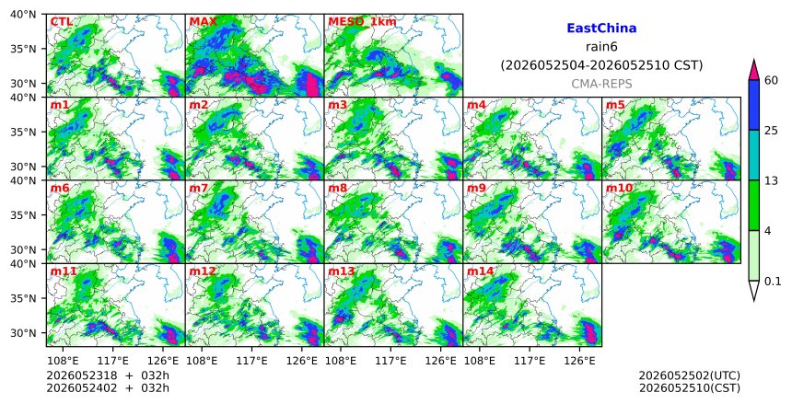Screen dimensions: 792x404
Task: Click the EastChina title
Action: point(601,29)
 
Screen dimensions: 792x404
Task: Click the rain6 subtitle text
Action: point(601,47)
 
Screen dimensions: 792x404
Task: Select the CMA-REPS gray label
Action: point(601,84)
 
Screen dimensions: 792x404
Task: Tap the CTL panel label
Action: point(61,22)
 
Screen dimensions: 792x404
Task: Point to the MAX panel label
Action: point(203,22)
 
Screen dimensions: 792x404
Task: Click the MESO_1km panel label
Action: point(362,22)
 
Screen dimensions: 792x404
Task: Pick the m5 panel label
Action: point(615,105)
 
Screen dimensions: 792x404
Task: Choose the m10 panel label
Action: point(619,189)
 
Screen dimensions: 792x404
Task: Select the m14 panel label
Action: point(480,271)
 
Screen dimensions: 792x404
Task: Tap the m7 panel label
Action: point(199,189)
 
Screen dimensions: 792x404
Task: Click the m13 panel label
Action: point(342,271)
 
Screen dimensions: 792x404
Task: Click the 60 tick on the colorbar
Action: point(772,80)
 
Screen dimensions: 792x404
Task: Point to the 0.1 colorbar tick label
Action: point(773,282)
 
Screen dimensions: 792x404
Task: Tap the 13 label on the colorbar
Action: point(772,180)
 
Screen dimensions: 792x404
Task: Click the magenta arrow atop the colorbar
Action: point(753,70)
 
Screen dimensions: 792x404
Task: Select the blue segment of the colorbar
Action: point(753,105)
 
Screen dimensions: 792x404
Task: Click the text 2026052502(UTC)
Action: point(690,375)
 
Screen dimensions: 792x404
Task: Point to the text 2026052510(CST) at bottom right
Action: point(690,388)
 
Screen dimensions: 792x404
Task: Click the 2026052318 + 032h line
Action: point(108,375)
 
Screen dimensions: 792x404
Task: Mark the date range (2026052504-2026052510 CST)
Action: point(601,65)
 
